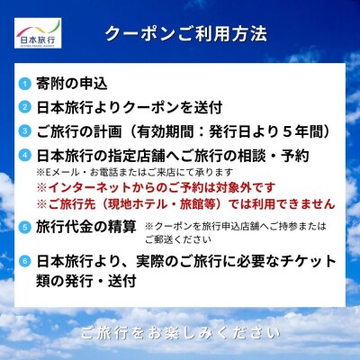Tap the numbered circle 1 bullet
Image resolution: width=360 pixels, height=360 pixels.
(24, 85)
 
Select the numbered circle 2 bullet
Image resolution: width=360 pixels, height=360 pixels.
(24, 107)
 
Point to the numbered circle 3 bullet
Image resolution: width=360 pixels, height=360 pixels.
(24, 130)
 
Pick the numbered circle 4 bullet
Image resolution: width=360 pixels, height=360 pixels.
(24, 153)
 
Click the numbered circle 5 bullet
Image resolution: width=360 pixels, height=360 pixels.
(24, 226)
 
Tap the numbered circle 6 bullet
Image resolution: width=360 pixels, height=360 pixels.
(24, 262)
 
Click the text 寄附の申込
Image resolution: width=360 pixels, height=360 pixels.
(72, 85)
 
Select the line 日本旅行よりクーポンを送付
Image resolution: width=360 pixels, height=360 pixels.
(129, 107)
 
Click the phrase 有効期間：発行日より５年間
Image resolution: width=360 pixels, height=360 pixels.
(234, 130)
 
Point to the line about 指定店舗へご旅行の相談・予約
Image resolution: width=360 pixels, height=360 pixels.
(184, 153)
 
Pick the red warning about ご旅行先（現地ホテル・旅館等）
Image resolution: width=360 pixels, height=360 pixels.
(184, 204)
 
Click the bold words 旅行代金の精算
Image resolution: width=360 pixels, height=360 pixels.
(86, 226)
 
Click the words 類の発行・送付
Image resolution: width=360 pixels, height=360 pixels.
(86, 281)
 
